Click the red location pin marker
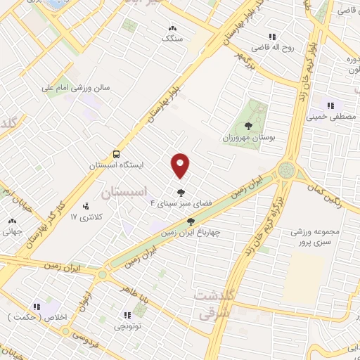[x=180, y=165]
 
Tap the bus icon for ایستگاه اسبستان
[x=115, y=154]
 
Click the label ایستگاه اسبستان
[x=116, y=165]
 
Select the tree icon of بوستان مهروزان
[x=248, y=126]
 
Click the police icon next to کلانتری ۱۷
[x=85, y=207]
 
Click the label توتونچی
[x=127, y=326]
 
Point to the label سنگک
[x=172, y=39]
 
